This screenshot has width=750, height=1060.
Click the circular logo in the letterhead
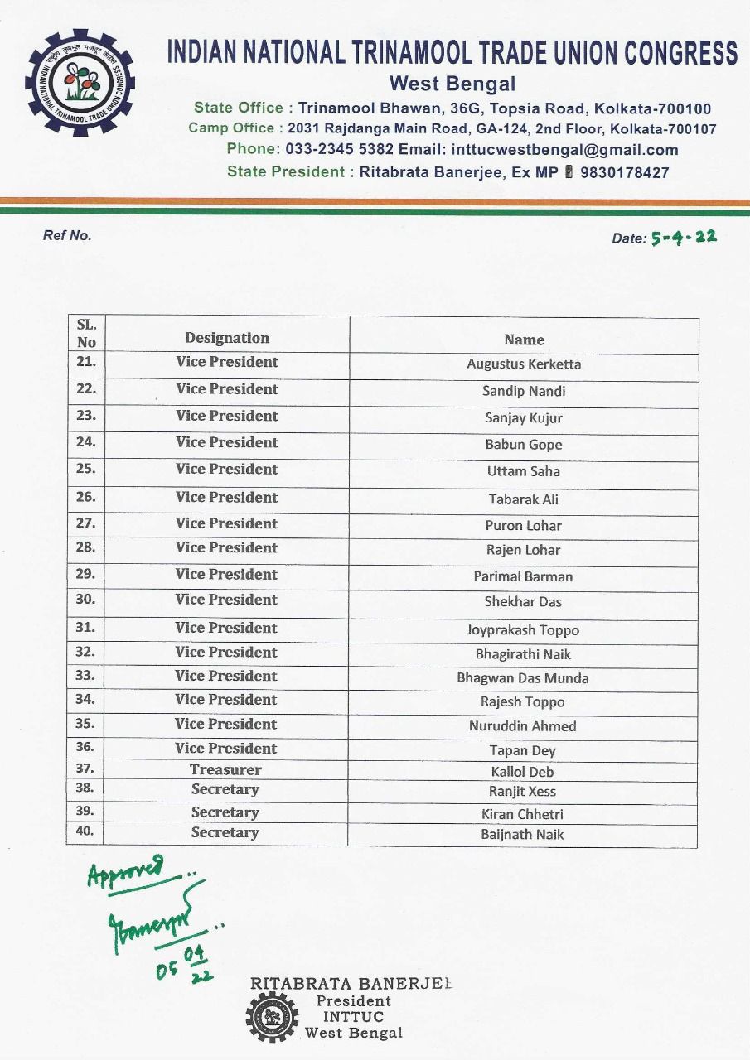pos(80,83)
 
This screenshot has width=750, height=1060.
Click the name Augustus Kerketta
pos(524,364)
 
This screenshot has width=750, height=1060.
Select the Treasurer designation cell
pos(225,769)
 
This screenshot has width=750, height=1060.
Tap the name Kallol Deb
pos(522,772)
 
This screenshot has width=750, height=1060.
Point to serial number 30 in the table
pos(85,599)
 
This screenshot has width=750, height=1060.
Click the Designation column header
pos(227,338)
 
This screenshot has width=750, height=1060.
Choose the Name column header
pos(524,340)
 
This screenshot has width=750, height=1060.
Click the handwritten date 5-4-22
pos(684,237)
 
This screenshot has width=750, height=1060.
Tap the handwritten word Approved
pos(126,871)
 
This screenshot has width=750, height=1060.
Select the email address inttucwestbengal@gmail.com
pos(564,150)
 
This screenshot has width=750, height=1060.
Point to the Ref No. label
pos(67,235)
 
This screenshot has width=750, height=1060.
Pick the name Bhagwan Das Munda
pos(523,678)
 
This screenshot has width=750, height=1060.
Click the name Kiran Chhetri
pos(524,814)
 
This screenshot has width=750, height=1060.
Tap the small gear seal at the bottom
pos(272,1017)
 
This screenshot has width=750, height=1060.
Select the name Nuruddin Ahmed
pos(523,726)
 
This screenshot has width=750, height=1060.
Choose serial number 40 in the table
pos(85,831)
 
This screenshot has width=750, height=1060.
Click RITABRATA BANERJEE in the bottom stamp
pos(351,984)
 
